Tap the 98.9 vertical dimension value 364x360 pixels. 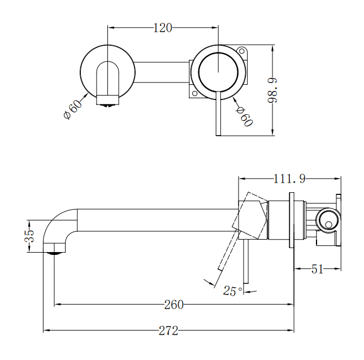click(273, 90)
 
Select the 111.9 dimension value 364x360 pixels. click(289, 179)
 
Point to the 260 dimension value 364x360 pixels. click(174, 305)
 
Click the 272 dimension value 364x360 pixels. click(168, 330)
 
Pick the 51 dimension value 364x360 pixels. click(317, 269)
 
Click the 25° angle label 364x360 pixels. click(232, 291)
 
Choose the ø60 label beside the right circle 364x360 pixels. click(244, 116)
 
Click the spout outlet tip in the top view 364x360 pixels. click(109, 100)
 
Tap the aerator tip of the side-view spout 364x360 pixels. click(54, 250)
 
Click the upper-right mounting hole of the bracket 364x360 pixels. click(244, 52)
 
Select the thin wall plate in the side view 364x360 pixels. click(292, 220)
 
